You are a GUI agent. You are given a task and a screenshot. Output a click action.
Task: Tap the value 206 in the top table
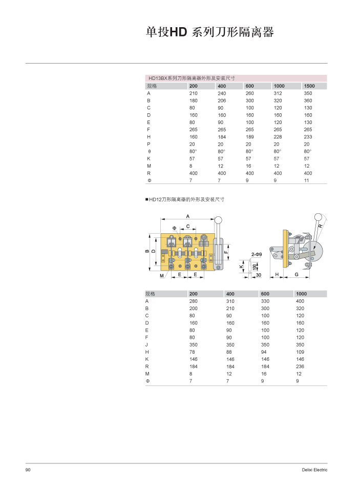(x=221, y=100)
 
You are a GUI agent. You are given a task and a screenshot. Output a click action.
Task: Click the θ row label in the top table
(x=149, y=151)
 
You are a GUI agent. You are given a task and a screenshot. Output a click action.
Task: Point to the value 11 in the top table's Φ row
(x=307, y=180)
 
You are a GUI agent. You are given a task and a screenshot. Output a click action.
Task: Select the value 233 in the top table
(x=308, y=137)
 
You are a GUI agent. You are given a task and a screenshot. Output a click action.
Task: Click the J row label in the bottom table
(x=147, y=344)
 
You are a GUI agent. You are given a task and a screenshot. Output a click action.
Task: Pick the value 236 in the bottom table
(x=300, y=366)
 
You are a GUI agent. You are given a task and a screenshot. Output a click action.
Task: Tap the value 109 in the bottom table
(x=300, y=352)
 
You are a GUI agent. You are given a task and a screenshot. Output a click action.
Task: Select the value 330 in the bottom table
(x=265, y=301)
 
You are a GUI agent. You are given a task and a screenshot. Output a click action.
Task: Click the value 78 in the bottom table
(x=193, y=352)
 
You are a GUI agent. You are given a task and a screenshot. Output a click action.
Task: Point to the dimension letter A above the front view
(x=187, y=216)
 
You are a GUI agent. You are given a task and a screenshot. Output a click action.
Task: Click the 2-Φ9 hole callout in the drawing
(x=257, y=254)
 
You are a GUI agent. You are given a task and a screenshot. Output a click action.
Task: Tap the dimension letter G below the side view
(x=297, y=275)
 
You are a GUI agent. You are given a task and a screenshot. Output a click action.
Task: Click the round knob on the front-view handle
(x=219, y=220)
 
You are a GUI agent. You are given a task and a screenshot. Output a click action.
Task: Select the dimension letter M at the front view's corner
(x=162, y=276)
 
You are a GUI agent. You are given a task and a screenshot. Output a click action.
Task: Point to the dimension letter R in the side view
(x=320, y=226)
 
